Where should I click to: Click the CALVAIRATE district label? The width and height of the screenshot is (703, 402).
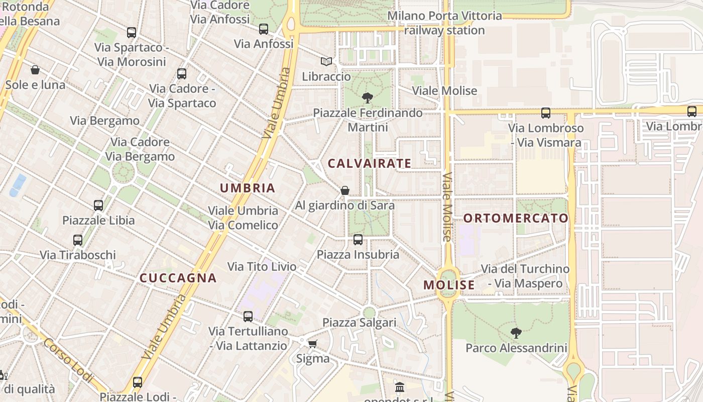pos(369,163)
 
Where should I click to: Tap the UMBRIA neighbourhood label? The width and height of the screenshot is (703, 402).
pos(248,188)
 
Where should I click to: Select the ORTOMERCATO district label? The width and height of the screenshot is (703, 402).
pos(516,219)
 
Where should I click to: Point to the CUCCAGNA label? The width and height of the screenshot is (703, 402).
pos(178,278)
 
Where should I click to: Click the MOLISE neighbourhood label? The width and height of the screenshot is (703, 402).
pos(449,285)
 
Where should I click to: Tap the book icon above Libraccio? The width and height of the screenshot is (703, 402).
pos(326,61)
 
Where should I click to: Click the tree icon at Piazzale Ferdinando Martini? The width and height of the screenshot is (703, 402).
pos(368,97)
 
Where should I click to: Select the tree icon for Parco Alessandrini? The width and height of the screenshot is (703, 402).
pos(516,333)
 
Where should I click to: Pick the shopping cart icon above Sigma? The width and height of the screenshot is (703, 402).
pos(312,344)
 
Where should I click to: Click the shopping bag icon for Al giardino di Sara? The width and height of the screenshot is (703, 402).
pos(345,190)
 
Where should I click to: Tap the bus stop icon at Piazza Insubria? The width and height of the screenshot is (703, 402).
pos(358,240)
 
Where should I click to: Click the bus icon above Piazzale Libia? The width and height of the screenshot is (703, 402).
pos(98,205)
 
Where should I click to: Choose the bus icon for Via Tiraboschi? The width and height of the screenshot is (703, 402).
pos(78,240)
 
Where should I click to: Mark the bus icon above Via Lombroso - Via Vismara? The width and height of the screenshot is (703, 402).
pos(546,113)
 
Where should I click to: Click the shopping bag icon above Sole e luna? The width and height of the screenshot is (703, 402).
pos(35,70)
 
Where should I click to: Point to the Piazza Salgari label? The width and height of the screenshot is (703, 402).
pos(360,323)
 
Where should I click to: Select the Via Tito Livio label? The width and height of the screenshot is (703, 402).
pos(262,266)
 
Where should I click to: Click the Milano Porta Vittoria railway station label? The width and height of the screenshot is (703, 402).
pos(444,23)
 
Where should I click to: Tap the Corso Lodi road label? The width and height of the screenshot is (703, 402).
pos(68,360)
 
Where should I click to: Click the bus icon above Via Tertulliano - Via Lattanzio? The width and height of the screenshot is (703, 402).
pos(248,316)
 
